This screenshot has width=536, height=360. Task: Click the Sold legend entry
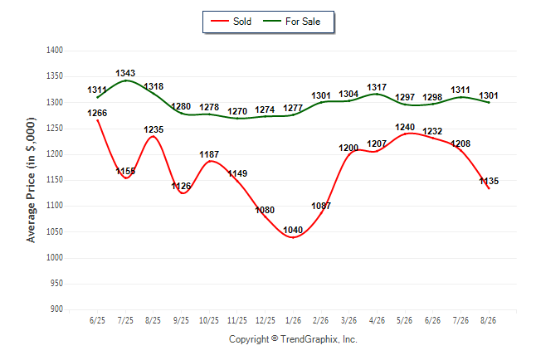click(x=231, y=22)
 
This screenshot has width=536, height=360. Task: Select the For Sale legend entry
click(x=291, y=22)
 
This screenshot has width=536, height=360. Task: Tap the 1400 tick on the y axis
click(x=55, y=51)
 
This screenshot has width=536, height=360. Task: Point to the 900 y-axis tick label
click(x=56, y=309)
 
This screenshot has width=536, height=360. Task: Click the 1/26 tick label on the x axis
click(x=293, y=320)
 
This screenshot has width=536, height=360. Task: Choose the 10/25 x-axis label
click(x=209, y=320)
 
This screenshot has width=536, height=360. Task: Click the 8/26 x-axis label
click(x=488, y=320)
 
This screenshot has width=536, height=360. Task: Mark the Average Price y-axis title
click(x=31, y=180)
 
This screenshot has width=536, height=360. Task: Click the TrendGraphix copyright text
click(x=293, y=339)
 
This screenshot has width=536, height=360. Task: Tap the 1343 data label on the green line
click(x=125, y=73)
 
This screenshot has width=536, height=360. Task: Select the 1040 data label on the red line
click(x=293, y=230)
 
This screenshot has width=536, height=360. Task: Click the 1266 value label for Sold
click(x=97, y=113)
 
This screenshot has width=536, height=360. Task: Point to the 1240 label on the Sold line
click(x=405, y=128)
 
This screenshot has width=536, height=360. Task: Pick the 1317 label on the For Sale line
click(x=377, y=88)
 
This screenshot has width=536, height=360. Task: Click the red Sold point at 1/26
click(x=293, y=237)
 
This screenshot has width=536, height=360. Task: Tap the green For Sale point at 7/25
click(x=126, y=80)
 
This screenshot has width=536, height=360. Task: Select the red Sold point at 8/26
click(x=489, y=188)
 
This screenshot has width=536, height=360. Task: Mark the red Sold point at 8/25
click(x=153, y=136)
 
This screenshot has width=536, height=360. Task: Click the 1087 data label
click(x=321, y=206)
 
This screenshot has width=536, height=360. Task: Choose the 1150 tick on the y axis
click(x=55, y=179)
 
